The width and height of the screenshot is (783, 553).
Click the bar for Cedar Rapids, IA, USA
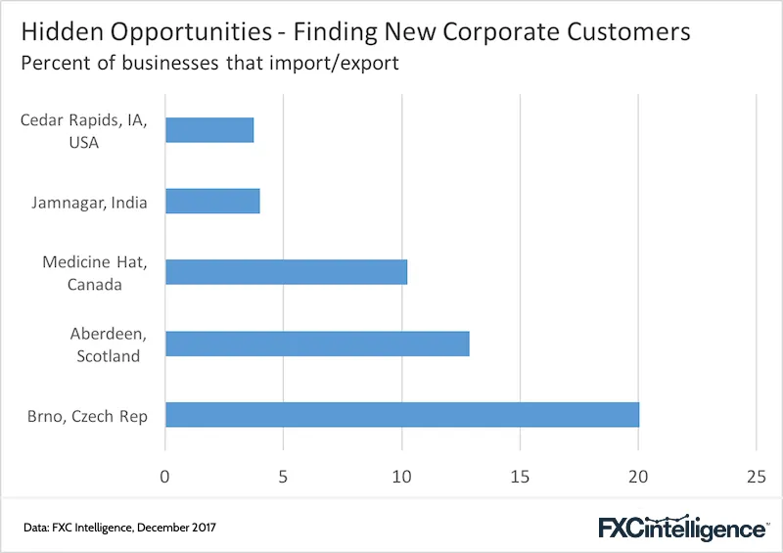click(209, 130)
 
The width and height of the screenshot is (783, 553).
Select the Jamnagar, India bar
click(212, 201)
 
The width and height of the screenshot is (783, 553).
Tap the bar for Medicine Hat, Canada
click(286, 272)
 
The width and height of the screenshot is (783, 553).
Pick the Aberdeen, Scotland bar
click(317, 344)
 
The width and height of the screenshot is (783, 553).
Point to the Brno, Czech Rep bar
click(402, 415)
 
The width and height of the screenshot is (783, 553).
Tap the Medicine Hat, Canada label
click(95, 273)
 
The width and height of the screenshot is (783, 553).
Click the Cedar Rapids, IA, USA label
click(84, 131)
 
